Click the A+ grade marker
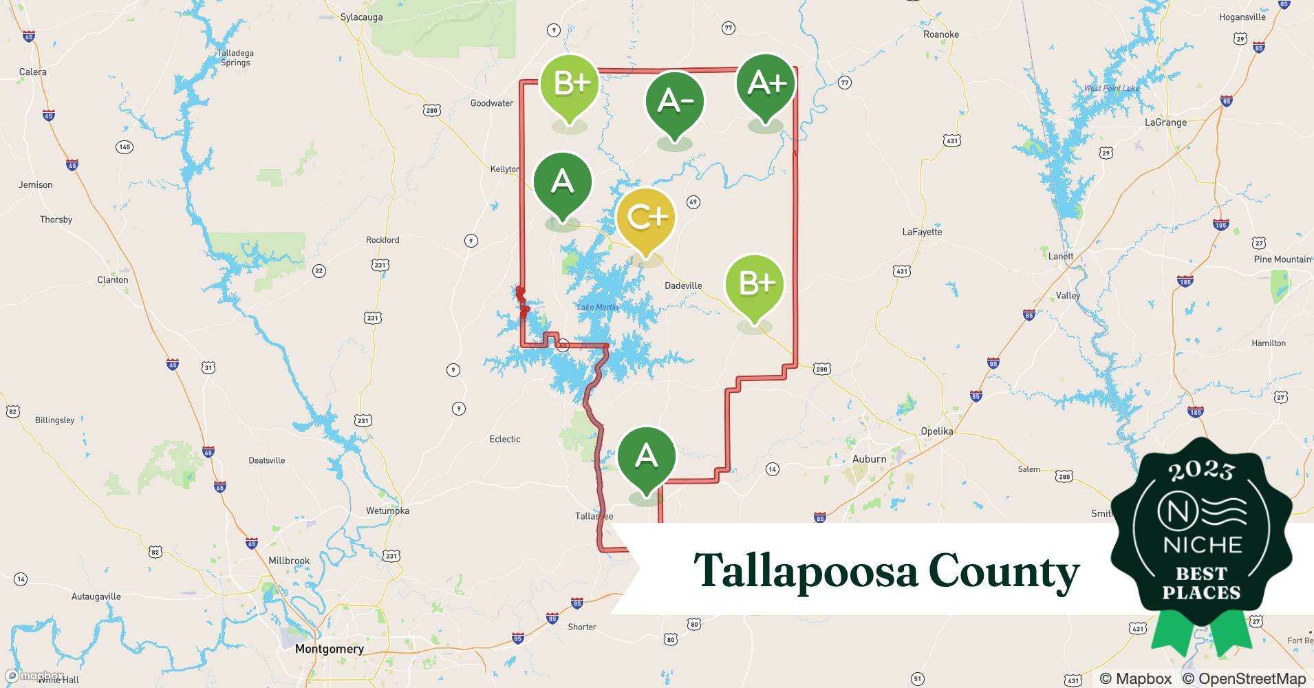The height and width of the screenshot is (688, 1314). pos(766,84)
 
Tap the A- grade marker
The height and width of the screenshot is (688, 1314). pos(674,102)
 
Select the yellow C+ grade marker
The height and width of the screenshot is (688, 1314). pos(645,217)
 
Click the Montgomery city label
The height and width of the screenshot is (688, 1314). pos(329,649)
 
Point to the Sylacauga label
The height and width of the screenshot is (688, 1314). pos(361,17)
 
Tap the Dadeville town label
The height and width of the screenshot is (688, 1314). pos(683,286)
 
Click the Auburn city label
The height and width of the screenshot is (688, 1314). pos(869,459)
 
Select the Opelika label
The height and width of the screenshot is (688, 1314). pos(936,431)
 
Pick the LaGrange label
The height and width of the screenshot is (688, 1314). pos(1165,122)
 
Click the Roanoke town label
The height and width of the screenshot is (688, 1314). pos(940,34)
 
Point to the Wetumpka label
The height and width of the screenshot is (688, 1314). pos(387,510)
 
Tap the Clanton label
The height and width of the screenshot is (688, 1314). pos(113,280)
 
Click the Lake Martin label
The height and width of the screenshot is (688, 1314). pos(597,307)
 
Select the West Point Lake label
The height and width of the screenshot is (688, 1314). pos(1111,88)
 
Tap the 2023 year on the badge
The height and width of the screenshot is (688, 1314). pos(1201,471)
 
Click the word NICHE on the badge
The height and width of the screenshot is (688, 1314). pos(1202,545)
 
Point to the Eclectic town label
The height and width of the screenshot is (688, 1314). pos(504,439)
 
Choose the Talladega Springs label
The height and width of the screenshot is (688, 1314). pos(235,58)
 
